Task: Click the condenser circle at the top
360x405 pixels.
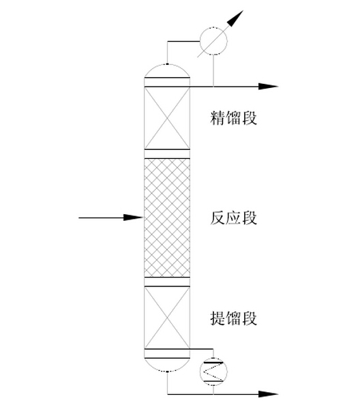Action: (x=214, y=42)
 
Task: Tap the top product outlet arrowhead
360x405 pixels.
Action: (x=270, y=87)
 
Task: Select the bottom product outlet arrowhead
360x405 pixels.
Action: (x=270, y=394)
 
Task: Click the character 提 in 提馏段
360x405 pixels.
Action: (x=217, y=318)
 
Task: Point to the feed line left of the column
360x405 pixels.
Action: (x=102, y=217)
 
